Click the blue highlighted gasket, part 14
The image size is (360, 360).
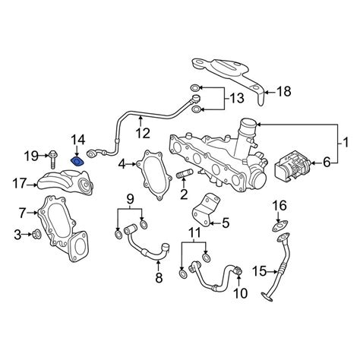pos(77,162)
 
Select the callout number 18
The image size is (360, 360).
pos(283,91)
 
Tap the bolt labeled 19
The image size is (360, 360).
pos(53,159)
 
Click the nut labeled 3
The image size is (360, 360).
pos(36,235)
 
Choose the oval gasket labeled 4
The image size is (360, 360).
pos(154,175)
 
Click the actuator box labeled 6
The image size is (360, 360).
pos(292,167)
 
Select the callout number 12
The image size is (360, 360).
pos(143,133)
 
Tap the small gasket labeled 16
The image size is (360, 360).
pos(280,226)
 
